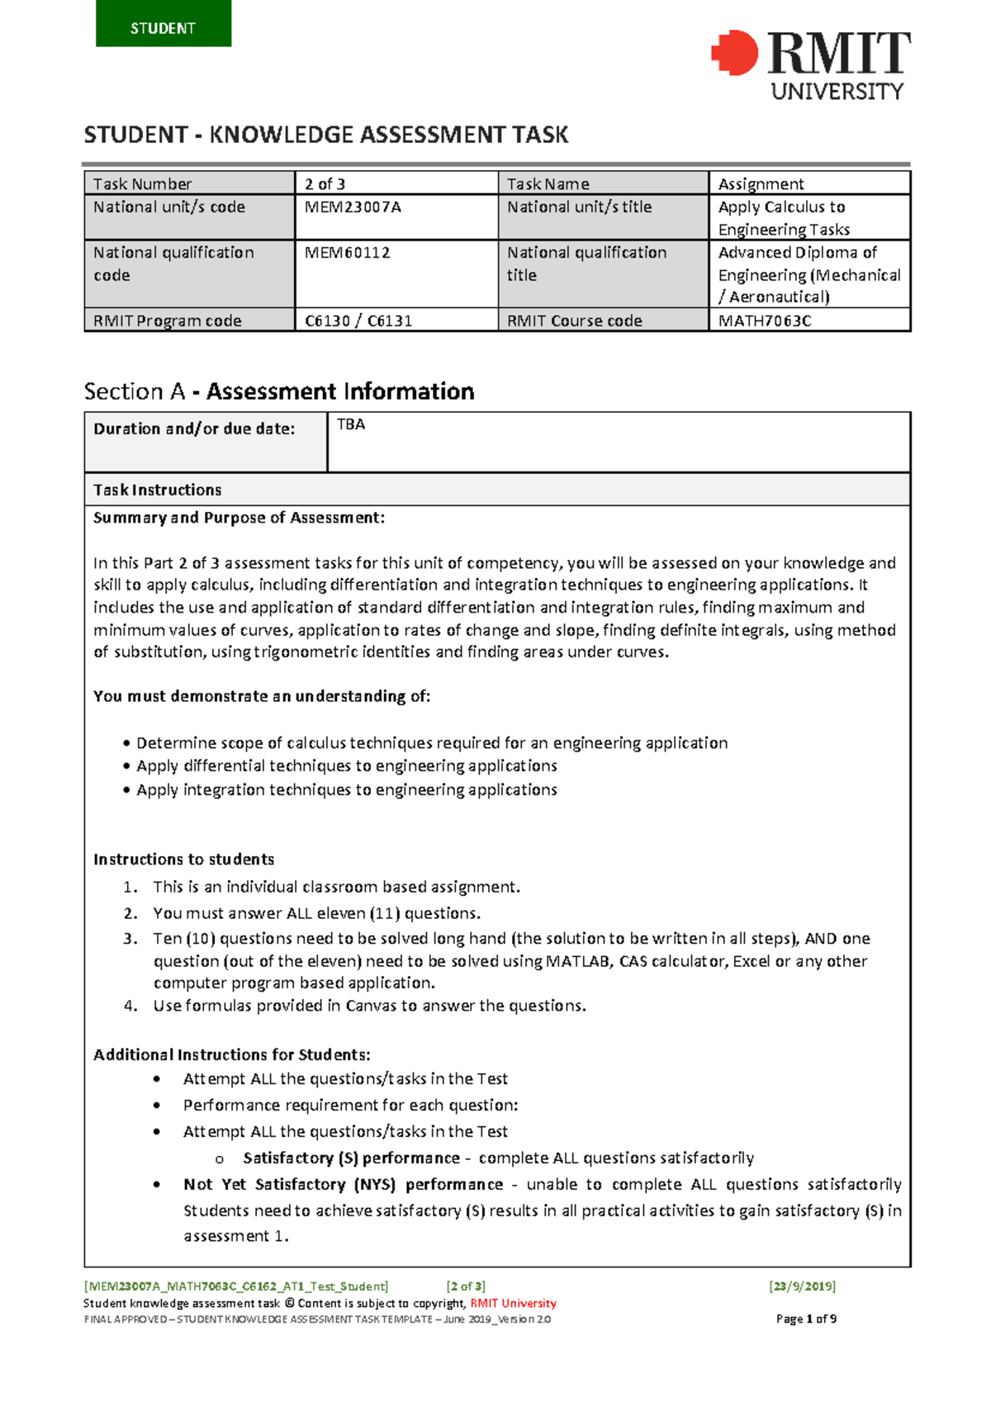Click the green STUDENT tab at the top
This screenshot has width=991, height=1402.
click(x=163, y=25)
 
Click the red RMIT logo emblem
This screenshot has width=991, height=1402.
click(x=734, y=54)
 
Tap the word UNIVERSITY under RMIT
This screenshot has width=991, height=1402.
click(x=837, y=92)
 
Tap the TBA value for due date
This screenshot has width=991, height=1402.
click(x=351, y=424)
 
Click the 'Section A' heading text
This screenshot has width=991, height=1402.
click(x=134, y=391)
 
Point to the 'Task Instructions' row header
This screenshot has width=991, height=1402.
click(x=157, y=490)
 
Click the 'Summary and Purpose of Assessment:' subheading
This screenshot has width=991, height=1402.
click(x=238, y=518)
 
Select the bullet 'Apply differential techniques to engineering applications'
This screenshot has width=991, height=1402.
click(x=346, y=766)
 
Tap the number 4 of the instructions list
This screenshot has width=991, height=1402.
click(x=130, y=1006)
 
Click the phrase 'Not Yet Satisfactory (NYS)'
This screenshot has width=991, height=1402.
click(x=289, y=1184)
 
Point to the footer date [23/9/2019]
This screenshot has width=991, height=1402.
click(x=801, y=1286)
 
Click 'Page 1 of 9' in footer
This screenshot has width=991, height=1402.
click(x=806, y=1319)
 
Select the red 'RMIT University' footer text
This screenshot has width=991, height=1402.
click(x=513, y=1303)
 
